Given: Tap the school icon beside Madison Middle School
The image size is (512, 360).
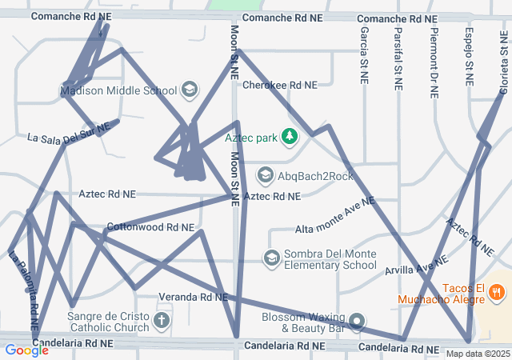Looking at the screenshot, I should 190,89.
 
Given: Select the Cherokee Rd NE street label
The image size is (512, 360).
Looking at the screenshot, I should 279,85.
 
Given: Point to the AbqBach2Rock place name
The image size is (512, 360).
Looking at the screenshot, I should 315,176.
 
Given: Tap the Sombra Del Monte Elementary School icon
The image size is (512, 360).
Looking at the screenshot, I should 272,258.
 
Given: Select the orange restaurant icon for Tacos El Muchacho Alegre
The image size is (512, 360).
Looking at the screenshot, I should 497,293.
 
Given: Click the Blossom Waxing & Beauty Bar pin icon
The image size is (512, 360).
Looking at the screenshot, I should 357,322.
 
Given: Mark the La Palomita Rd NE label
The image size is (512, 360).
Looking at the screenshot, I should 23,291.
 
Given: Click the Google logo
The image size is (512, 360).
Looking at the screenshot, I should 26,350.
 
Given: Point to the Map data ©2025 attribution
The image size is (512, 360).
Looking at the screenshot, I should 477,354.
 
